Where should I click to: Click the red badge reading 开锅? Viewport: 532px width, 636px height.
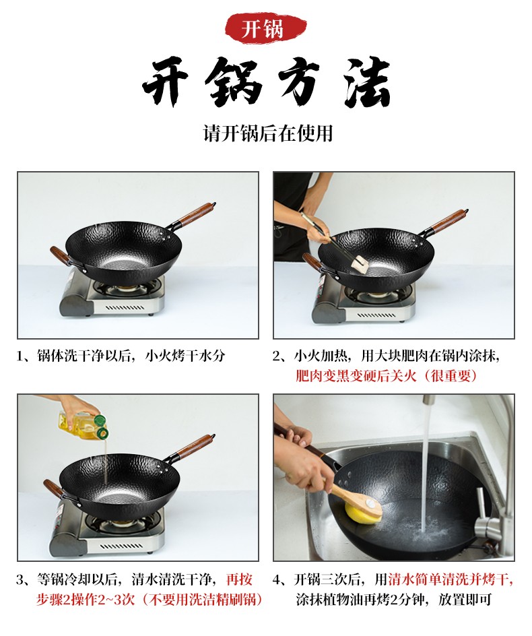[x=265, y=28]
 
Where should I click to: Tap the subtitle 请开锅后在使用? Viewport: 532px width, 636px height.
[x=267, y=133]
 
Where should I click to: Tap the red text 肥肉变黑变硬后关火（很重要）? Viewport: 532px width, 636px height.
[x=387, y=376]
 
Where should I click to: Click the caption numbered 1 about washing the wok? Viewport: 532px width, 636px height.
[x=121, y=356]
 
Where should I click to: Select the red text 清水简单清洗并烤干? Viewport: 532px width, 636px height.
[x=450, y=579]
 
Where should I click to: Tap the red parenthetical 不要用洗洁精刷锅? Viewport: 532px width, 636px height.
[x=201, y=599]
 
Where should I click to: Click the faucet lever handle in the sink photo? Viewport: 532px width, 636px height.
[x=479, y=503]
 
